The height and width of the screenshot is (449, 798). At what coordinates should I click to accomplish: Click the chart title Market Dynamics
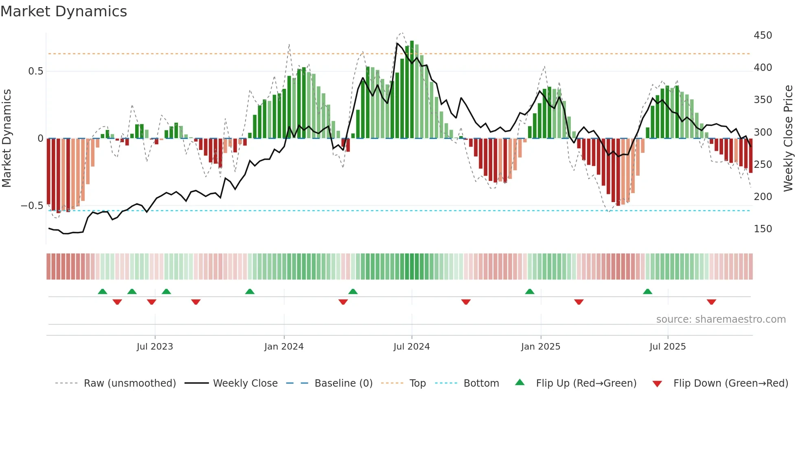[64, 11]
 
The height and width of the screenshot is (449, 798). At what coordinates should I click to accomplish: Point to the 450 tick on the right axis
[763, 35]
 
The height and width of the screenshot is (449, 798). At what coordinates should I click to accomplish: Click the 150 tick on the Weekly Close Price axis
[763, 229]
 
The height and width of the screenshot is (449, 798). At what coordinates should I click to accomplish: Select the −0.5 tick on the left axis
[32, 206]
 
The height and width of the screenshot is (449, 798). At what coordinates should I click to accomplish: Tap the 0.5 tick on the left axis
[35, 71]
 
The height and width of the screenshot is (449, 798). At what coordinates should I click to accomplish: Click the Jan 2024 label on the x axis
[284, 347]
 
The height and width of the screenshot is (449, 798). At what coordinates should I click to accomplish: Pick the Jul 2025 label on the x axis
[667, 347]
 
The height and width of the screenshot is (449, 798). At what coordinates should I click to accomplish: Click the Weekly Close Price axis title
[788, 138]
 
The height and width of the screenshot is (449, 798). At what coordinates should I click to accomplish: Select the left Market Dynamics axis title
[7, 138]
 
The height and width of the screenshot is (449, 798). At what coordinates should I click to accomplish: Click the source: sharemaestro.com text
[721, 319]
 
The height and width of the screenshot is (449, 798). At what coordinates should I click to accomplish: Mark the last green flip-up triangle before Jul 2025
[647, 292]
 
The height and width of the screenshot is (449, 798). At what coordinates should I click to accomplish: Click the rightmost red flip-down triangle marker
[711, 302]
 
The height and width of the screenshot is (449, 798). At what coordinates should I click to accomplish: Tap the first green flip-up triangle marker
[103, 292]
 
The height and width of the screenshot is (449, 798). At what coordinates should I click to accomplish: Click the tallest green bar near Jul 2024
[412, 90]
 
